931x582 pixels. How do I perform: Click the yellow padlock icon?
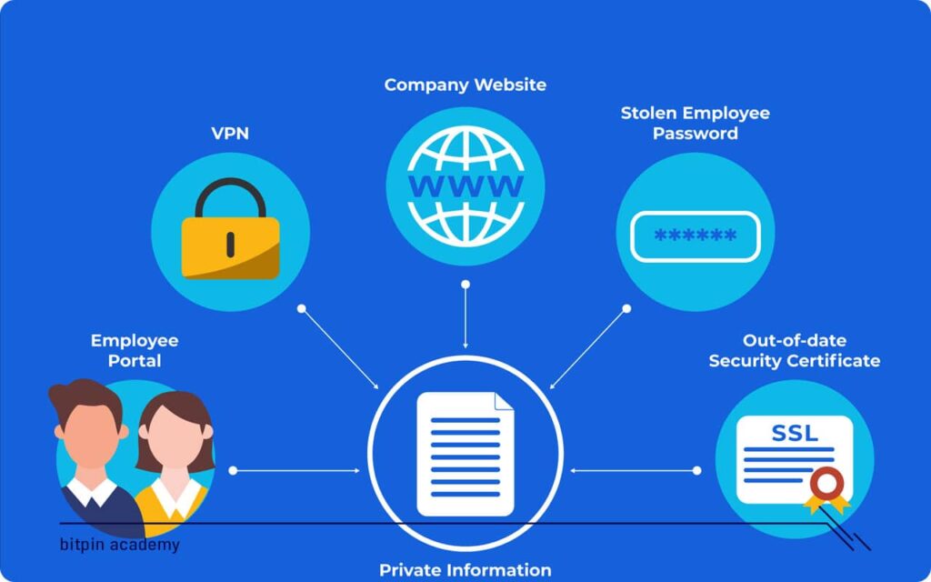tap(230, 228)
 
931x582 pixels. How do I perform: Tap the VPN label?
tap(230, 134)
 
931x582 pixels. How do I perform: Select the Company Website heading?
tap(465, 85)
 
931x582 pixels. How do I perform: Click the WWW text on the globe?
tap(465, 186)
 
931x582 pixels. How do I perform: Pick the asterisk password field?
tap(696, 236)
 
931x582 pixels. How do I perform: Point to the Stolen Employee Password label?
tap(696, 123)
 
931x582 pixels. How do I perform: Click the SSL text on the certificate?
tap(795, 433)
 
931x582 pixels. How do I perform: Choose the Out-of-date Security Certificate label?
tap(795, 350)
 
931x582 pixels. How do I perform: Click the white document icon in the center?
tap(465, 455)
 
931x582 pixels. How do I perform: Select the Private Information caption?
tap(465, 570)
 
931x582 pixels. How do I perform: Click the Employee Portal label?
tap(135, 350)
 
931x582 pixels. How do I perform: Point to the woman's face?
tap(175, 437)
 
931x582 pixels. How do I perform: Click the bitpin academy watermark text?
tap(119, 545)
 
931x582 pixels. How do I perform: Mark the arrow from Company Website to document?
tap(465, 316)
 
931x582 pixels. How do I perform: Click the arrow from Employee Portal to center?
tap(295, 470)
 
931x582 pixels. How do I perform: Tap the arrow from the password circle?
tap(589, 347)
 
